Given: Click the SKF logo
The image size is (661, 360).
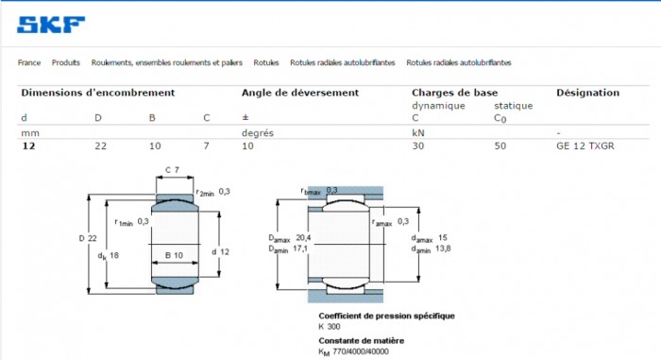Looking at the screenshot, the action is [x=51, y=25].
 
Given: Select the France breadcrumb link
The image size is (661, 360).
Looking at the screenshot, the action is [x=29, y=62].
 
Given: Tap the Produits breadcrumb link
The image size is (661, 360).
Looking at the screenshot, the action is [x=66, y=62].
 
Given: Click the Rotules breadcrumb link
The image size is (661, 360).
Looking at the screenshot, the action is [x=266, y=62].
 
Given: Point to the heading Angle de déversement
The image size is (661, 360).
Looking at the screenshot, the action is [x=300, y=93].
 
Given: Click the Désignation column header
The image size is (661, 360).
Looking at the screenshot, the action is [x=587, y=93].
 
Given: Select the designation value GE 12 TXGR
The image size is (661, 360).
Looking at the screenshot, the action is [x=585, y=146].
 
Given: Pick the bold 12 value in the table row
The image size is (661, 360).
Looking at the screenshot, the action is [x=28, y=146].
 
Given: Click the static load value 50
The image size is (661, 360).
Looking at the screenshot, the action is [x=500, y=146].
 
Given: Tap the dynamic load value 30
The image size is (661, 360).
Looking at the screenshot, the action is [x=417, y=146].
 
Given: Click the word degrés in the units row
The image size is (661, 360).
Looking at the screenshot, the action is [x=258, y=133].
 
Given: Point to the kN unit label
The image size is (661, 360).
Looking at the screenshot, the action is [x=417, y=133].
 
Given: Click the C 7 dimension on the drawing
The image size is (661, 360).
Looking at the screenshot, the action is [x=172, y=170].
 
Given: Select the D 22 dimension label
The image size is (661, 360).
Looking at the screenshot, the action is [x=88, y=238].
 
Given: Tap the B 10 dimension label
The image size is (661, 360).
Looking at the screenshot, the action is [x=174, y=255].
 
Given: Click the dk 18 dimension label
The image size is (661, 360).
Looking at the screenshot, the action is [x=109, y=256].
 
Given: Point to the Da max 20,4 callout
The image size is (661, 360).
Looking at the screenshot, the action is [x=290, y=238].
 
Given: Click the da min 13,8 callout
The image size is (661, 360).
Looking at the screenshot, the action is [x=431, y=249].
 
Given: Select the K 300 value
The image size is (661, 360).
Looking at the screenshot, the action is [x=330, y=327].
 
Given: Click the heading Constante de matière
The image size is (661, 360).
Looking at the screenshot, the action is [x=362, y=340].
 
